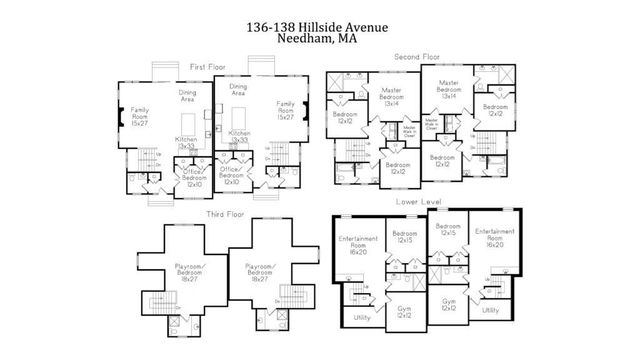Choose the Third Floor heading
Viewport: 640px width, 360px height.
click(227, 214)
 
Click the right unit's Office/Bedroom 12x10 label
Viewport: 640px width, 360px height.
click(233, 178)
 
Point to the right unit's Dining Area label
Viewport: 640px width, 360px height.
click(238, 91)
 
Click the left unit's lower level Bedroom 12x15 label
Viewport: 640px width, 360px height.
click(405, 236)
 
